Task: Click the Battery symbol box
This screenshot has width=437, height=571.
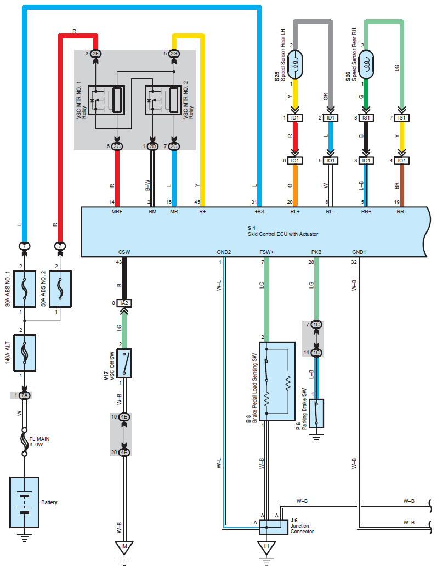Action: point(24,502)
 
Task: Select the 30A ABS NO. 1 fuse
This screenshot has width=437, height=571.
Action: point(24,289)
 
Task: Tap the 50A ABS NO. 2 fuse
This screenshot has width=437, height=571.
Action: point(60,289)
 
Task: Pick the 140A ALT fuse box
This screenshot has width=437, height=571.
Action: point(24,353)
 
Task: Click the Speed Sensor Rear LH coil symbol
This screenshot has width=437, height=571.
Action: point(295,65)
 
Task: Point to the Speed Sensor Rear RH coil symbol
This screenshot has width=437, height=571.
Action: point(366,65)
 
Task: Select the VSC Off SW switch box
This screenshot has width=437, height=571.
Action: point(124,364)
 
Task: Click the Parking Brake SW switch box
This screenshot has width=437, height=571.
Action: point(316,414)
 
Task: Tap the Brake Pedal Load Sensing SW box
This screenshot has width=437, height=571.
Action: point(277,381)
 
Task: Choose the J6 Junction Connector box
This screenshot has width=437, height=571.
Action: point(274,527)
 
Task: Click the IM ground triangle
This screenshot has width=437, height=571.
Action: point(124,547)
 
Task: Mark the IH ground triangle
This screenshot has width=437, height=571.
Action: point(266,547)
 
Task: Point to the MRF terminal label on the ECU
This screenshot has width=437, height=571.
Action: point(117,212)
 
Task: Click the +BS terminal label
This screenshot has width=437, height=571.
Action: point(259,212)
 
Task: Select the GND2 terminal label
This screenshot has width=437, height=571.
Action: point(224,252)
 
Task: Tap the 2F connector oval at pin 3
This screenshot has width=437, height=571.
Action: point(95,54)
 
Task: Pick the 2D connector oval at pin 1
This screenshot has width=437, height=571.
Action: point(152,146)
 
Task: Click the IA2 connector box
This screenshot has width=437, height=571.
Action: point(124,303)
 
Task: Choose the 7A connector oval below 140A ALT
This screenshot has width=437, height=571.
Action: point(24,395)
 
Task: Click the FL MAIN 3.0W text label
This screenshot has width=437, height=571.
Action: point(39,442)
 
